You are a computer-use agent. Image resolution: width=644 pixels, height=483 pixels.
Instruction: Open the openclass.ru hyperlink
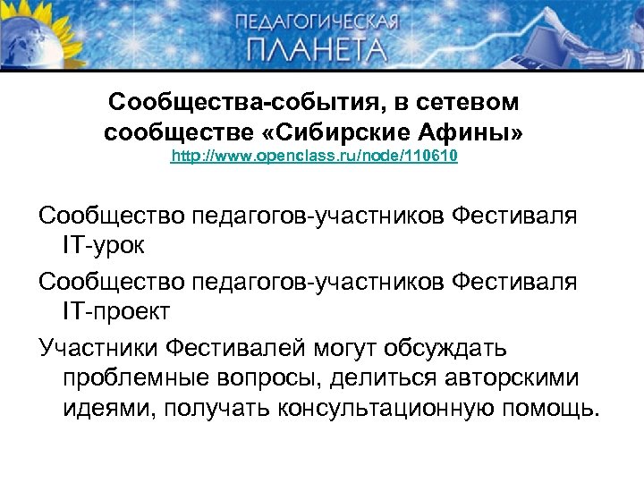pyautogui.click(x=315, y=157)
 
